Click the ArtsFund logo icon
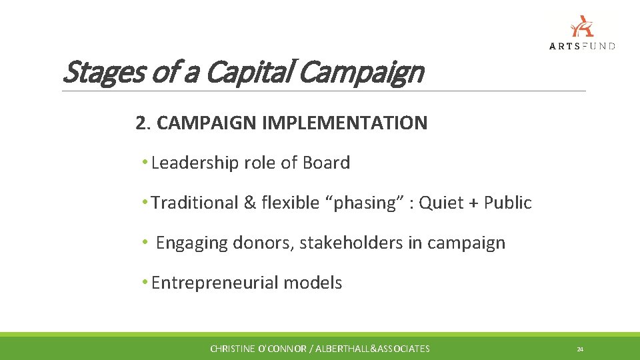coord(582,26)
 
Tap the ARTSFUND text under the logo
coord(582,46)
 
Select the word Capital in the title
coord(258,72)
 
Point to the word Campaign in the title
coord(360,72)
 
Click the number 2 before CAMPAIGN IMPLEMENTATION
coord(140,123)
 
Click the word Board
coord(326,163)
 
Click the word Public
coord(508,203)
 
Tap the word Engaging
coord(192,243)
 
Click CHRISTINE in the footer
coord(233,349)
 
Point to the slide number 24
coord(580,349)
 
